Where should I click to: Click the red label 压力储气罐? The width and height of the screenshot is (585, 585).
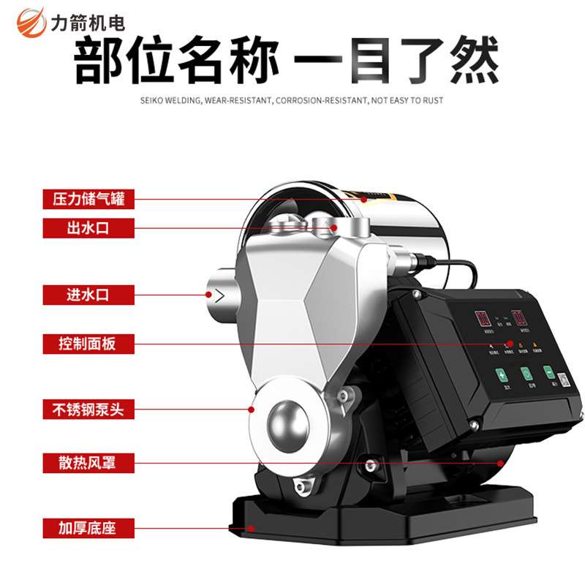click(x=89, y=198)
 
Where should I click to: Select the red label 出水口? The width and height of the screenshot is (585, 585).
click(x=89, y=228)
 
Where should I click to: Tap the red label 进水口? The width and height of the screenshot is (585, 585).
click(x=89, y=295)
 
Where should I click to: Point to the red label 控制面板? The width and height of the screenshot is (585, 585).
click(x=89, y=343)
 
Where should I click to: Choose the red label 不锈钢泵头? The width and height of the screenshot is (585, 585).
click(x=89, y=409)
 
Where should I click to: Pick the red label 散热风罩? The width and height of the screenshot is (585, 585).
click(x=89, y=462)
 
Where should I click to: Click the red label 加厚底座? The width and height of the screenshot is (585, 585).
click(x=89, y=526)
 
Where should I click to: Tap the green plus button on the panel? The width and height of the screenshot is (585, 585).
click(x=502, y=374)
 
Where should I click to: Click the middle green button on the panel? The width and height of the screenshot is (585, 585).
click(x=526, y=373)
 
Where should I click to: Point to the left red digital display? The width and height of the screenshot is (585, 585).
click(x=483, y=318)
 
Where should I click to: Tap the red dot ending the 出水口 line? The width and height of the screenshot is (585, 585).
click(x=333, y=228)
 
